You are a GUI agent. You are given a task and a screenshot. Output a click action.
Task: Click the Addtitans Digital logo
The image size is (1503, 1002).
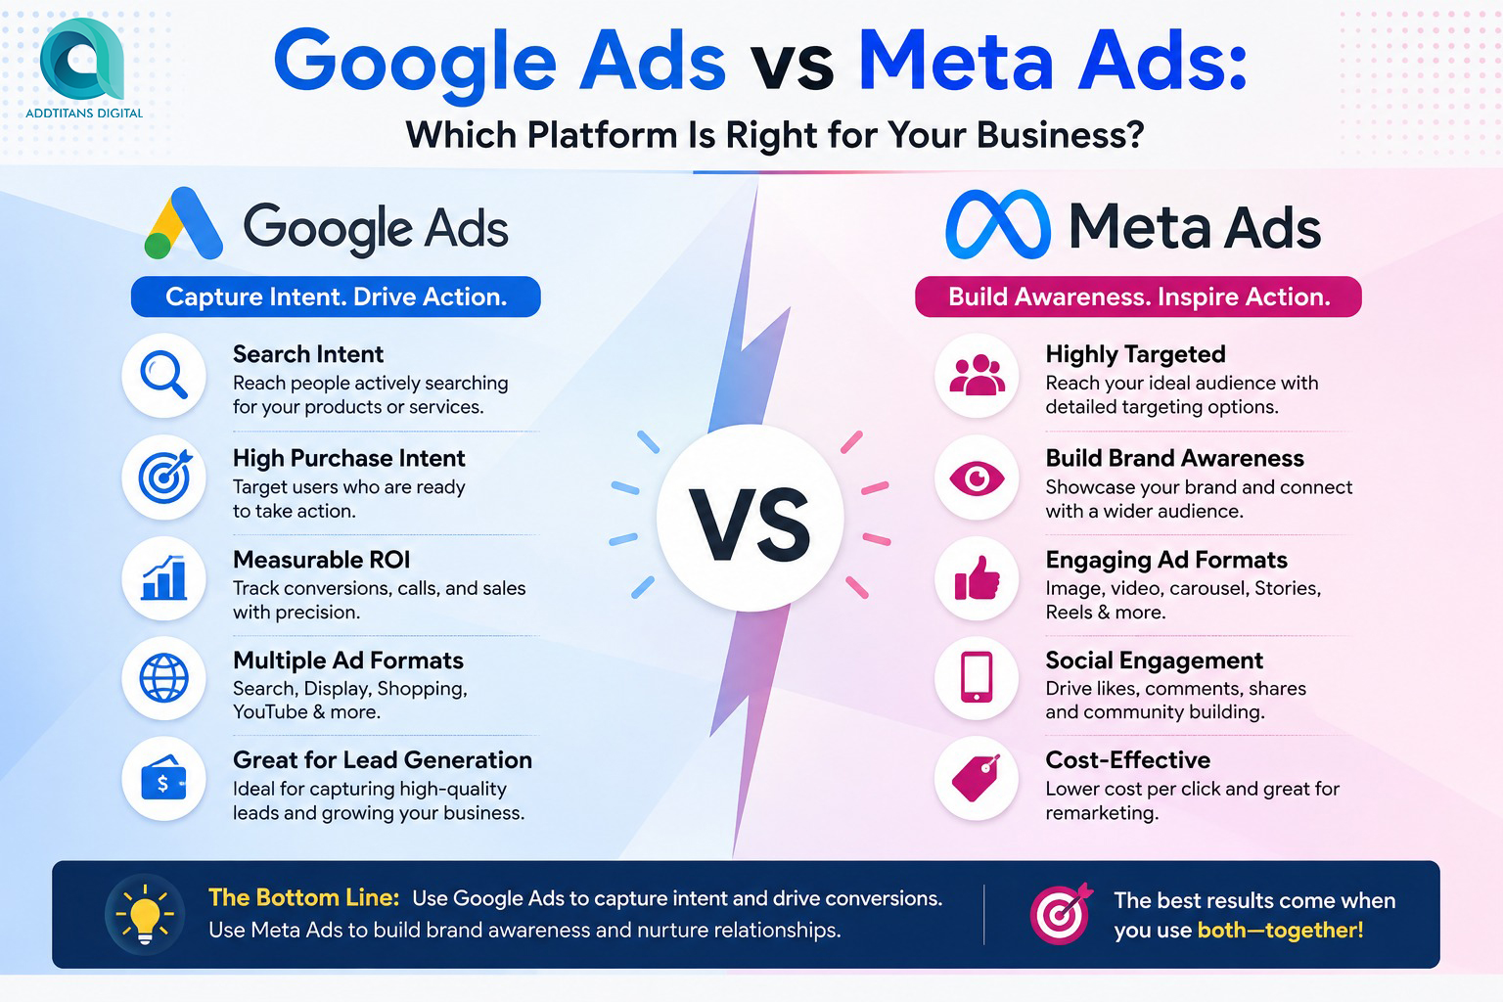82,68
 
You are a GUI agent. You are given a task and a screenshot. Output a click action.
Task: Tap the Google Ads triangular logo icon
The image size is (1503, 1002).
183,223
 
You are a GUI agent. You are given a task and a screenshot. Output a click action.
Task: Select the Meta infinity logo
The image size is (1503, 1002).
998,224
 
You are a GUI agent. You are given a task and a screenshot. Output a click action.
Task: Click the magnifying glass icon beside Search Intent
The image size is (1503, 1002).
163,375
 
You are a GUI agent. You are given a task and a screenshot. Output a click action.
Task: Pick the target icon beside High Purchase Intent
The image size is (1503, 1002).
164,478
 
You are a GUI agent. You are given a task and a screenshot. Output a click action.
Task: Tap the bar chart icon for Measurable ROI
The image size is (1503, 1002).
163,578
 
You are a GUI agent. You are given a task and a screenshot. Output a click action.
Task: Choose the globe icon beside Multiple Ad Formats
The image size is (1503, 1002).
163,678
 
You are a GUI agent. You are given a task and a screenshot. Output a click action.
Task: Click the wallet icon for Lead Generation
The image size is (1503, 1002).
163,779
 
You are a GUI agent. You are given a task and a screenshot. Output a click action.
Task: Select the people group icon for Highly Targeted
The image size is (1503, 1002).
977,375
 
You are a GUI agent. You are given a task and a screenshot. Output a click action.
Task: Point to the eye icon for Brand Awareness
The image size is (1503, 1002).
977,478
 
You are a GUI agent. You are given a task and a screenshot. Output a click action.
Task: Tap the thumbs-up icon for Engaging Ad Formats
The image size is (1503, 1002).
977,578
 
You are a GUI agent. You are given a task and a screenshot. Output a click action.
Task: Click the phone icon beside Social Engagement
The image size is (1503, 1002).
977,677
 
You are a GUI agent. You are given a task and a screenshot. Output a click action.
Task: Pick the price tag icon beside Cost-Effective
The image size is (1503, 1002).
977,778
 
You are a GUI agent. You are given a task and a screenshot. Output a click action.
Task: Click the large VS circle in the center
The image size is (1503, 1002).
751,518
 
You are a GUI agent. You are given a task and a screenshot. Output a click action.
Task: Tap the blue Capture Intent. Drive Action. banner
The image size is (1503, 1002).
336,296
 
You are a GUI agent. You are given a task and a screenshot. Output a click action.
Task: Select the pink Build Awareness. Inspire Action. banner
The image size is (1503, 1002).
1139,296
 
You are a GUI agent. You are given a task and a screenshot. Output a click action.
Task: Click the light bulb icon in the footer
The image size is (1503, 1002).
145,914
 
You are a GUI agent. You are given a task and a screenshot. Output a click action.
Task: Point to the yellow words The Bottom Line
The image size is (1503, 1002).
304,898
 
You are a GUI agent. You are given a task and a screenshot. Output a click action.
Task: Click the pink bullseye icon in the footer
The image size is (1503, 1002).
1061,913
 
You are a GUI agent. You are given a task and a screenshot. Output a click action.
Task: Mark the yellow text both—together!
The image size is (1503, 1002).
1280,931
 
